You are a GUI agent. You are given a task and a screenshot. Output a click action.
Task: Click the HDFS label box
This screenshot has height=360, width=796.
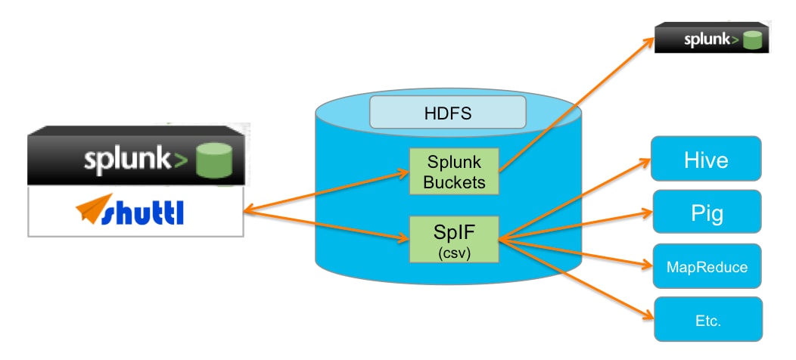coord(447,113)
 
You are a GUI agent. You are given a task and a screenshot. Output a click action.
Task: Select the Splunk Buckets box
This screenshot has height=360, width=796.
coord(454,171)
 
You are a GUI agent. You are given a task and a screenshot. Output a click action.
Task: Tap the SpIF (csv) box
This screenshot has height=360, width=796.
coord(453,238)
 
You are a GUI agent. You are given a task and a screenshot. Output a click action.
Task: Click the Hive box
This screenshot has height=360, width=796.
coord(706,160)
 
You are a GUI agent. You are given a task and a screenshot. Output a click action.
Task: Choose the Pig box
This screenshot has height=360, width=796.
coord(706,213)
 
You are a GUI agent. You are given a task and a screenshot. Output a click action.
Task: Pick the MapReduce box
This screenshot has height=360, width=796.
coord(706,267)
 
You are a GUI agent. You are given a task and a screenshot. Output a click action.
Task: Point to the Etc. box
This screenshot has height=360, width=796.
coord(706,320)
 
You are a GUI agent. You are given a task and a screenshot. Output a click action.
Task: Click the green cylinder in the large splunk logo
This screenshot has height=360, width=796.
coord(213,160)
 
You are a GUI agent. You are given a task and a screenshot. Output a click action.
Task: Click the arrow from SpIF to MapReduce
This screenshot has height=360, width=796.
coord(575,253)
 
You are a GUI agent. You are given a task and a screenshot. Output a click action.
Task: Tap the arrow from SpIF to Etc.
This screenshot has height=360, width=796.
coord(575,280)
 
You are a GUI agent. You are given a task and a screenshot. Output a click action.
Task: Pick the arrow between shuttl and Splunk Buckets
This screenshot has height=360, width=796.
coord(325,192)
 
